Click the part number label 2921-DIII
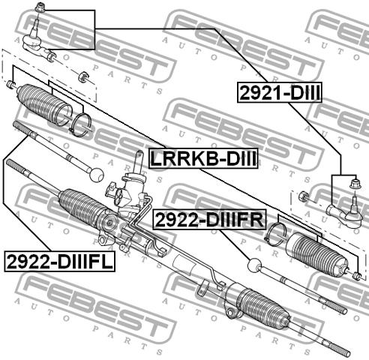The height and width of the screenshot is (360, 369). [279, 93]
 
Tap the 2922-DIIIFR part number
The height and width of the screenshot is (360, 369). [209, 220]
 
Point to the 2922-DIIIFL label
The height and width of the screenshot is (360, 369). [60, 262]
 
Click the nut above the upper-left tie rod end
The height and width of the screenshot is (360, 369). [40, 7]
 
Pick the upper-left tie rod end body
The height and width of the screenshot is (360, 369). [38, 43]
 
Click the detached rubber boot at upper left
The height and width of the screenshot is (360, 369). [44, 105]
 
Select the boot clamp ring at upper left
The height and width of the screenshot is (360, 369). [79, 125]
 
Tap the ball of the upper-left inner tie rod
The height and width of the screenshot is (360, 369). [96, 175]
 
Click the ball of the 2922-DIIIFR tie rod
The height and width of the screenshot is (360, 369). [255, 265]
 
